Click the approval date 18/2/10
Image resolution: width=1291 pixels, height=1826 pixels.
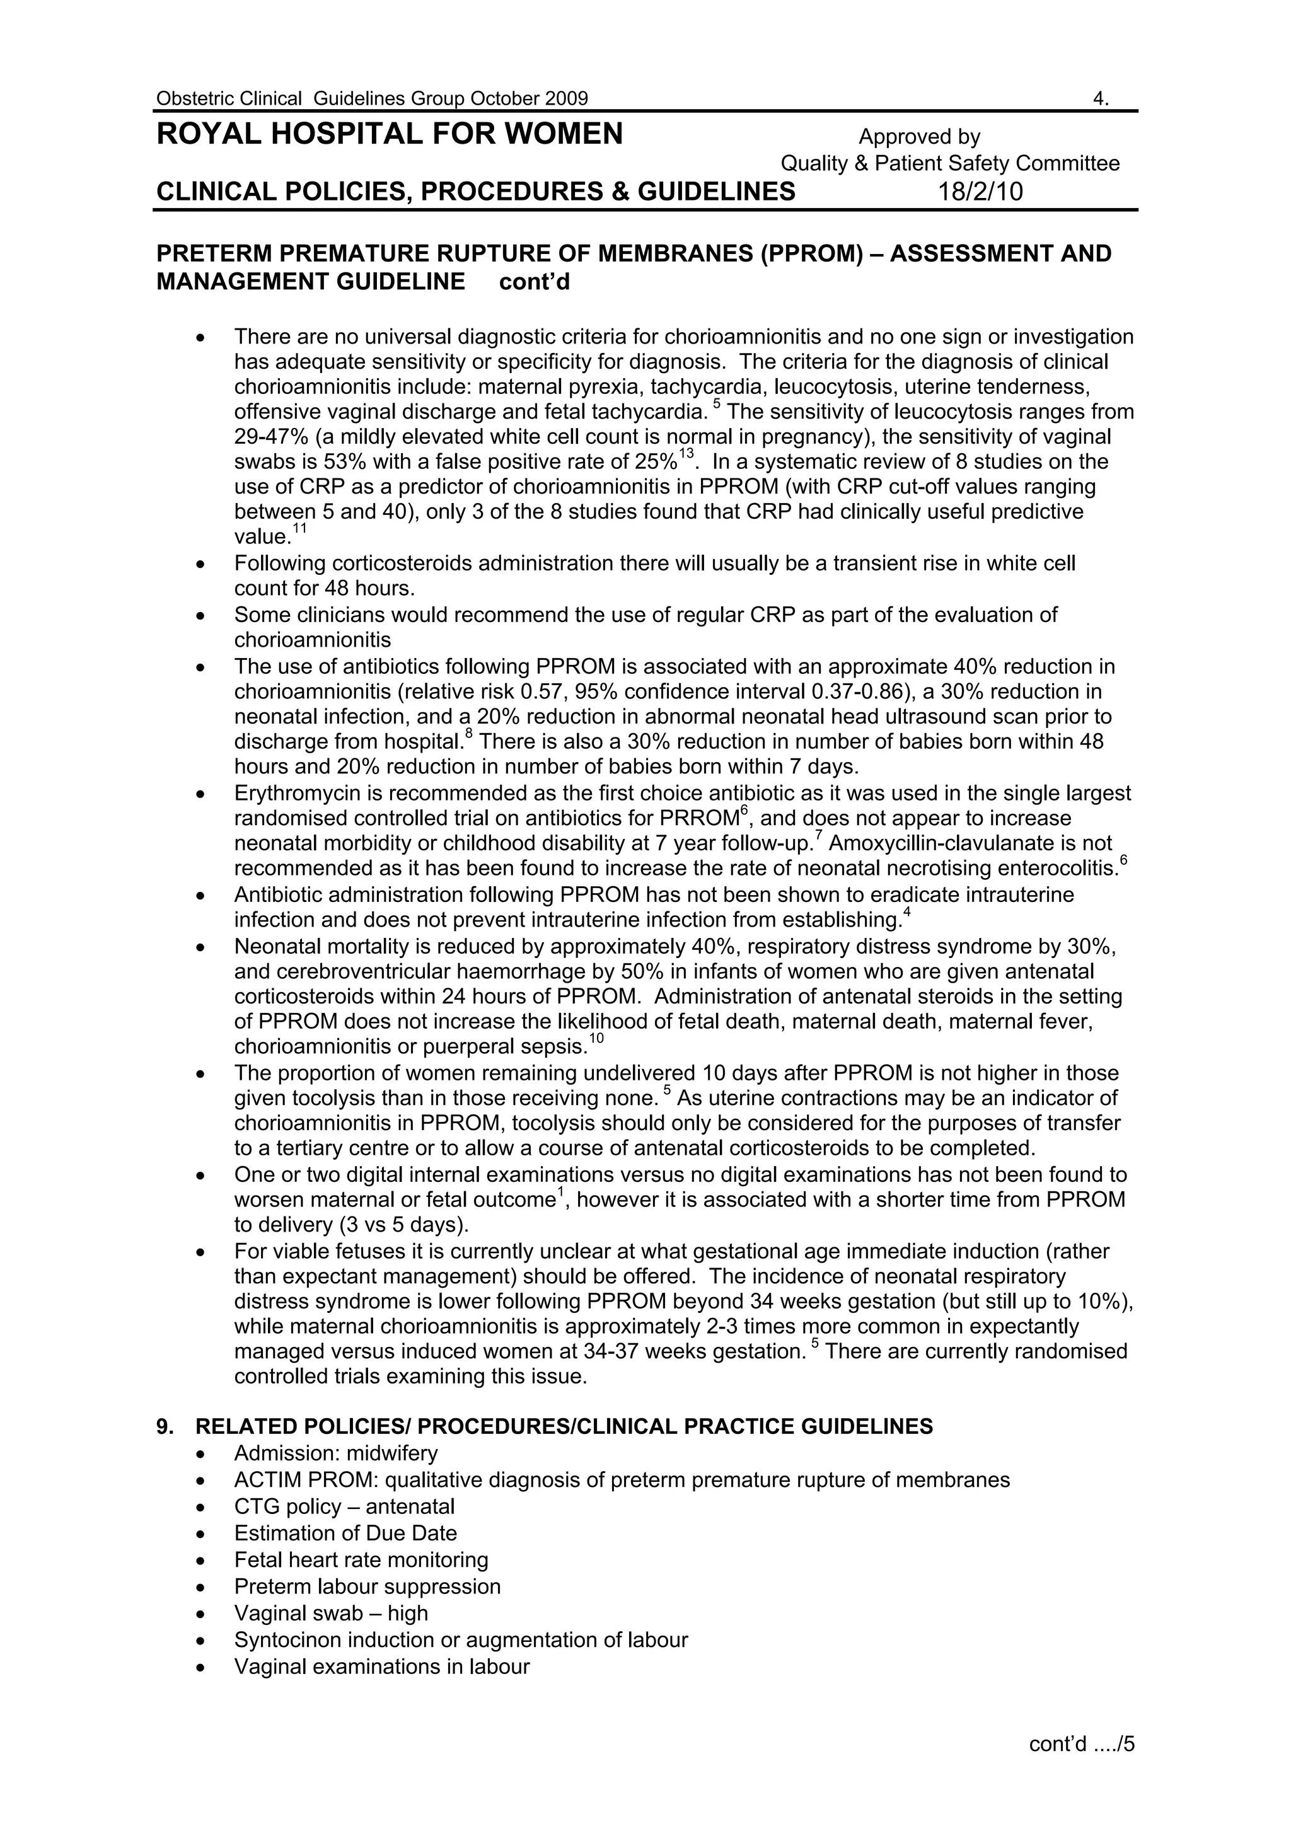(980, 192)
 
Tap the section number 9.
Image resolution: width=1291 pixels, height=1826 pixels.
(165, 1427)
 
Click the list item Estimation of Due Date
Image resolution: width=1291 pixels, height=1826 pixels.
(345, 1534)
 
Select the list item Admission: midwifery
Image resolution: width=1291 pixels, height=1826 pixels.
(336, 1453)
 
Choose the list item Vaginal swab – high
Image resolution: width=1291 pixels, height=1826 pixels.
(331, 1613)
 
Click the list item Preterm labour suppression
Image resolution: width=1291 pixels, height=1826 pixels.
(367, 1586)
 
